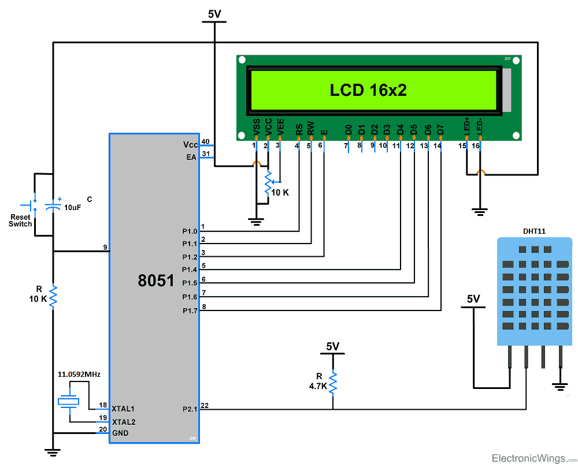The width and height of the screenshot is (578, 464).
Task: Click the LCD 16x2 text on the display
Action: pos(369,90)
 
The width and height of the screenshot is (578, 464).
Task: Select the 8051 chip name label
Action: pos(155,280)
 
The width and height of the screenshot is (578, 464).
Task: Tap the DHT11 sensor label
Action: pos(534,231)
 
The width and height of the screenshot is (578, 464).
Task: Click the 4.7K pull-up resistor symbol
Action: pos(333,383)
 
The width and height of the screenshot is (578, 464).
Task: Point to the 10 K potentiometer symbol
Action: pos(268,182)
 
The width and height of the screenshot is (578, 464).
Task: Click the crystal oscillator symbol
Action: pos(69,402)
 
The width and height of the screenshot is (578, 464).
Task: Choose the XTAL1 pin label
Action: pos(123,408)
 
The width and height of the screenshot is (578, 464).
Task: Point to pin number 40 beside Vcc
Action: pos(205,142)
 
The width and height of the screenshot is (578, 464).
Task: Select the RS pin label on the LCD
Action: pos(299,129)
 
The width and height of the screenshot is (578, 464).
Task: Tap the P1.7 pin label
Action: pos(190,310)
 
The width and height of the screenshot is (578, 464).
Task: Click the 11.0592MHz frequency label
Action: pos(79,375)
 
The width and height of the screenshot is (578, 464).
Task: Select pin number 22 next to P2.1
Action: pos(205,406)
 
